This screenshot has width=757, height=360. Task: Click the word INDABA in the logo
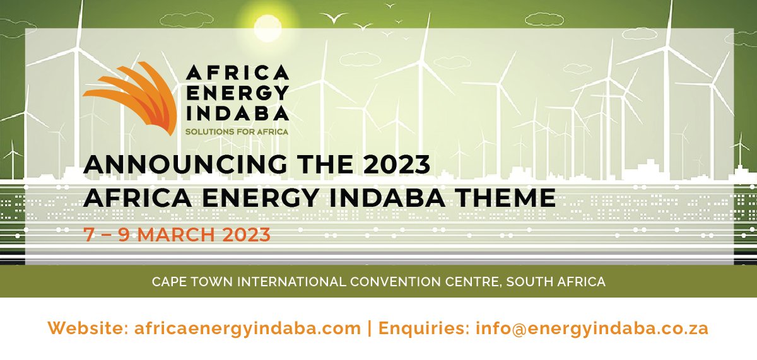coord(237,112)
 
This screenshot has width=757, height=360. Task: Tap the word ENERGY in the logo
coord(237,93)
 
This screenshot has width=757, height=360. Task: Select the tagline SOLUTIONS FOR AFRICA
coord(237,132)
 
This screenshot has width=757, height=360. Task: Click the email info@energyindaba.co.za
coord(592,328)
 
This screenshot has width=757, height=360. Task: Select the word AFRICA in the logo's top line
coord(237,73)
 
